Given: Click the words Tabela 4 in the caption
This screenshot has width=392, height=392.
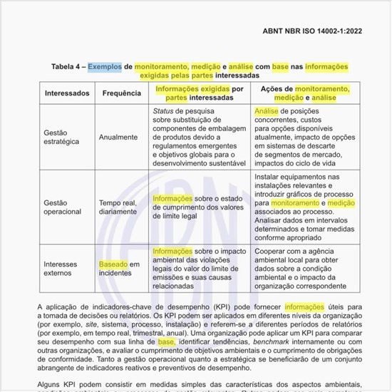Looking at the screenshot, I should pos(68,66).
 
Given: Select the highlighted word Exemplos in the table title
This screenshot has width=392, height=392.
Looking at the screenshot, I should pos(105,66).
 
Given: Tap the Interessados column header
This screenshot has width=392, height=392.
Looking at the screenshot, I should pos(67,93).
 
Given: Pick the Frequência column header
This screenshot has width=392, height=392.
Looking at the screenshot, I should pos(121,93).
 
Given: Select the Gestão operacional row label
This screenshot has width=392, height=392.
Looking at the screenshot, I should pos(63,207).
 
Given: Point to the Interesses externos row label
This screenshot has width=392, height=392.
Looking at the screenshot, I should pos(61,268).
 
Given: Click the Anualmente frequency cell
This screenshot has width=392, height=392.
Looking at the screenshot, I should pos(119,137).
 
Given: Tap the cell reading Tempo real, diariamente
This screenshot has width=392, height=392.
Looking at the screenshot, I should pos(118,207).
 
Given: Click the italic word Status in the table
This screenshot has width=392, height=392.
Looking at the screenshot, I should pos(163,112).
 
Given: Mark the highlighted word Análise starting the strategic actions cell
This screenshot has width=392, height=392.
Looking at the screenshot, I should pos(266,112).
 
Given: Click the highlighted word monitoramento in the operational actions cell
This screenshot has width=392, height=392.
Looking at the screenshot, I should pos(294,203).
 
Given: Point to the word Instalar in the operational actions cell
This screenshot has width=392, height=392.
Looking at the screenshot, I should pos(268,176).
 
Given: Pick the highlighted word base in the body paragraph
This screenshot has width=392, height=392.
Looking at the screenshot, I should pos(166,341).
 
